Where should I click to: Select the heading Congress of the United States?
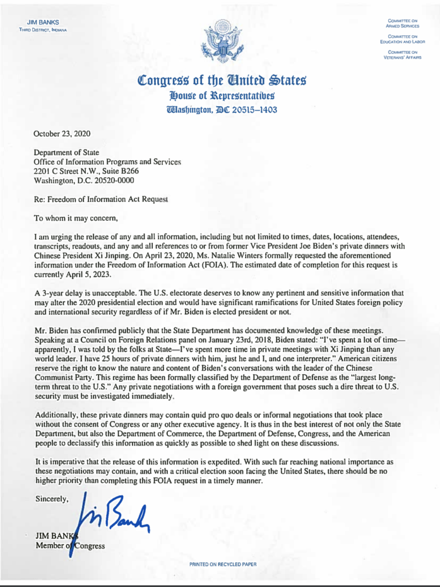222,81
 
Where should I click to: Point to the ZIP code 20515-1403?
254,109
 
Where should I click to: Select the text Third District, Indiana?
43,30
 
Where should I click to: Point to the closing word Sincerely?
52,499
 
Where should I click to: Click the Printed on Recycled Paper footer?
223,564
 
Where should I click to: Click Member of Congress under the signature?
70,545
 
